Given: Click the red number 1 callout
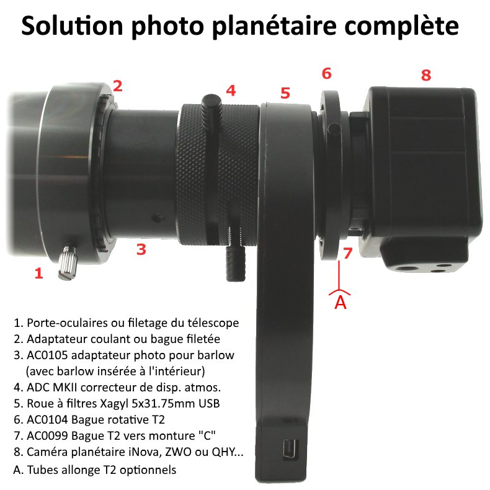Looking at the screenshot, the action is click(x=38, y=274).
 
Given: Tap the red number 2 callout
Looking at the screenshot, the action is click(x=117, y=86).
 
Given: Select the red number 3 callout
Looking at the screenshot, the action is click(x=141, y=249).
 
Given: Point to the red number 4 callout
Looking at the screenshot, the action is click(x=231, y=91).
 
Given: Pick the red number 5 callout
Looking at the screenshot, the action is click(x=285, y=93).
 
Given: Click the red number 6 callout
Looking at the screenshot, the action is click(x=326, y=73).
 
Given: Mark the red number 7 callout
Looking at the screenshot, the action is click(x=347, y=253).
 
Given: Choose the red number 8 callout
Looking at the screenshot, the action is click(x=426, y=75).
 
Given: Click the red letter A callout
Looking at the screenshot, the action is click(x=341, y=302).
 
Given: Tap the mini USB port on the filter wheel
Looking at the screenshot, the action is click(x=290, y=450).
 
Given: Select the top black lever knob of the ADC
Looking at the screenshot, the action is click(x=212, y=105).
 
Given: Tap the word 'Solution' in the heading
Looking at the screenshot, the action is click(x=72, y=25).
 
